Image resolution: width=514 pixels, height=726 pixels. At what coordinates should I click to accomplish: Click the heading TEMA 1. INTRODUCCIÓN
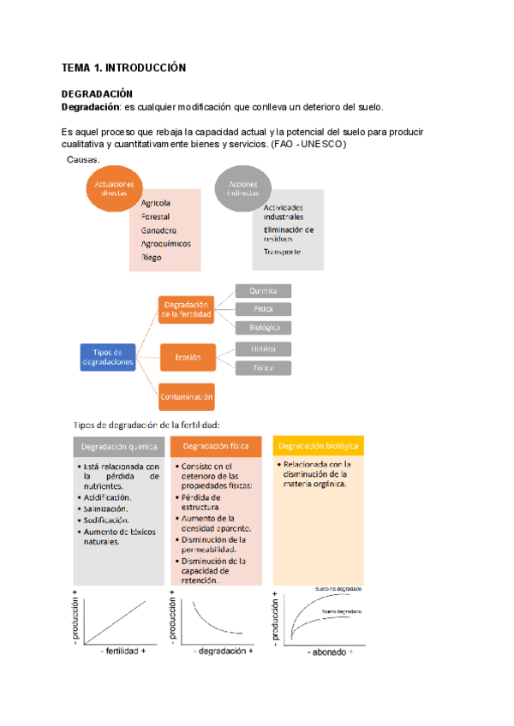[x=123, y=67]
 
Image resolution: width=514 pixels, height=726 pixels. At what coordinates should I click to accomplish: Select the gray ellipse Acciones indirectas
[x=243, y=188]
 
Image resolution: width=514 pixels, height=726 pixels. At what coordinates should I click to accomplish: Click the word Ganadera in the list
[x=158, y=230]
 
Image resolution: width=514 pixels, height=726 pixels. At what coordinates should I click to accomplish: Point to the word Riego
[x=151, y=257]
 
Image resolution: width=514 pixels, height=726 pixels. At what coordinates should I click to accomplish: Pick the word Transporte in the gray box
[x=282, y=252]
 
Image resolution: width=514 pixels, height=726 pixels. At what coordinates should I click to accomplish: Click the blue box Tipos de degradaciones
[x=108, y=357]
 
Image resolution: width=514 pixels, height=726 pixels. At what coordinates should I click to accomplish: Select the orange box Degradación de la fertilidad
[x=186, y=310]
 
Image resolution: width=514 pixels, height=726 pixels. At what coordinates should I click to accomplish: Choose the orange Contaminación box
[x=186, y=396]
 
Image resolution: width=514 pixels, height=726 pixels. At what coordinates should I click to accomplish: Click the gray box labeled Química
[x=263, y=291]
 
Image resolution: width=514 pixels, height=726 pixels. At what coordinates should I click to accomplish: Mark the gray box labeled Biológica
[x=263, y=327]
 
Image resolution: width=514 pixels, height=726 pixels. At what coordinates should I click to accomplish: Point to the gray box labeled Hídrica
[x=263, y=349]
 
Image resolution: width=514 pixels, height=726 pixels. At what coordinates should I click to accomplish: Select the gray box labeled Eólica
[x=263, y=367]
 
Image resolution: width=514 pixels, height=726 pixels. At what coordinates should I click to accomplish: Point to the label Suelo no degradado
[x=338, y=590]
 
